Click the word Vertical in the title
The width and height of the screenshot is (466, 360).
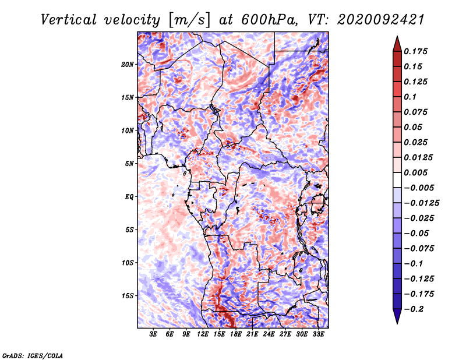tap(69, 20)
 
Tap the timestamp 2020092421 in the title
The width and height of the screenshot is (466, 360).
tap(381, 20)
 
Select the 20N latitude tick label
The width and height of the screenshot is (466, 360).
tap(128, 65)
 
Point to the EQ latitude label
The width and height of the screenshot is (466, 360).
tap(129, 197)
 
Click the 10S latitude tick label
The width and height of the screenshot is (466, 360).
tap(128, 263)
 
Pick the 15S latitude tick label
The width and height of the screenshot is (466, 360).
tap(128, 296)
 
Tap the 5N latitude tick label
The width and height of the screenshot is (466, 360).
tap(129, 164)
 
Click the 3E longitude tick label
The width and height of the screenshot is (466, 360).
tap(153, 334)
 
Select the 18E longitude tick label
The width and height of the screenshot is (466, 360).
tap(236, 334)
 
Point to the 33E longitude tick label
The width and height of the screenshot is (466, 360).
tap(318, 334)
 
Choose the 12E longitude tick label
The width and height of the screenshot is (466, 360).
tap(203, 334)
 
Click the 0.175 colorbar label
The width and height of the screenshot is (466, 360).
tap(416, 51)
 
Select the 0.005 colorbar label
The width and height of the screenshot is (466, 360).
tap(416, 172)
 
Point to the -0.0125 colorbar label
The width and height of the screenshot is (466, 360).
tap(421, 203)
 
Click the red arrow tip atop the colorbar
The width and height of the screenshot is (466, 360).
tap(397, 37)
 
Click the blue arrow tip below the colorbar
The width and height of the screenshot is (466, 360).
tap(397, 323)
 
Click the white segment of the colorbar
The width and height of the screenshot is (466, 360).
tap(397, 180)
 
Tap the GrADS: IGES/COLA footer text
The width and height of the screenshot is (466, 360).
tap(33, 355)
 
